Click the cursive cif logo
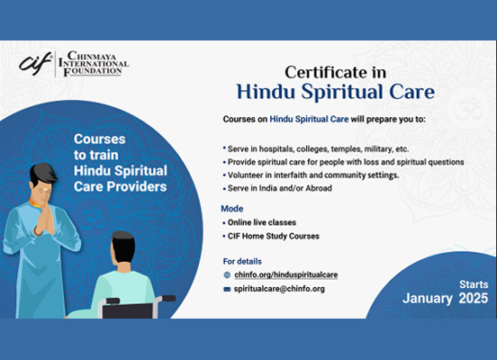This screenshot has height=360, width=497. (x=35, y=64)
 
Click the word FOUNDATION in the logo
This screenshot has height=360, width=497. (x=93, y=71)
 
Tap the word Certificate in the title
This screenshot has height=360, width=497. (x=322, y=72)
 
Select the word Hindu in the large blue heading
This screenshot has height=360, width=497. (x=266, y=92)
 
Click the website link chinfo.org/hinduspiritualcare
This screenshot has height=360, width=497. (x=286, y=274)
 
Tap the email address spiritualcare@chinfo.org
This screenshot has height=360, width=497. (x=279, y=289)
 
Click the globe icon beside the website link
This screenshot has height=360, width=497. (x=227, y=275)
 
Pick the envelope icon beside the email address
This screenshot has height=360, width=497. (x=227, y=289)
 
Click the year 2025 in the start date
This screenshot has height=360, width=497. (x=474, y=298)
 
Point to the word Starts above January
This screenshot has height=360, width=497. (x=474, y=284)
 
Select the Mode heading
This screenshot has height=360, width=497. (x=232, y=209)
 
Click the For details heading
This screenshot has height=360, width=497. (x=242, y=261)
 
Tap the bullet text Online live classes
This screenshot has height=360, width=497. (x=262, y=222)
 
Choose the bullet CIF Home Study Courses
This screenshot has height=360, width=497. (x=274, y=236)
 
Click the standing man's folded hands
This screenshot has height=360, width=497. (x=44, y=220)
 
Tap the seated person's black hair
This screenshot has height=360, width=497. (x=123, y=247)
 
